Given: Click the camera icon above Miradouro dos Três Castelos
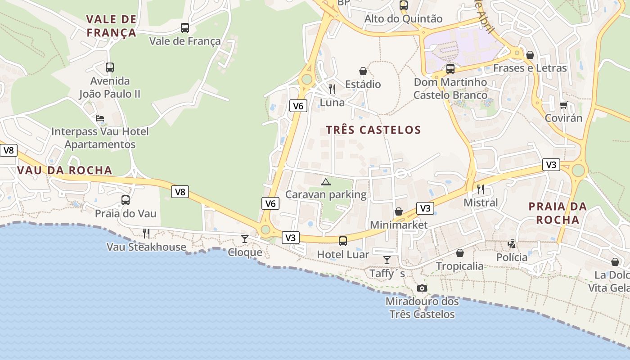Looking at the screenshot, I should click(x=422, y=288).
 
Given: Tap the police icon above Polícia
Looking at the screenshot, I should click(x=512, y=244).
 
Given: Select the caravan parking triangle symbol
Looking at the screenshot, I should click(x=325, y=182).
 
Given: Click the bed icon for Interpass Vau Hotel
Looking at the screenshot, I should click(x=100, y=118).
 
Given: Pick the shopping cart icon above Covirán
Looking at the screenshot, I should click(x=563, y=105).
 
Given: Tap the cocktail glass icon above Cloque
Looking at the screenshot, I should click(x=244, y=238).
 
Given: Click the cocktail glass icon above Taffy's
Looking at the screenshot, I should click(x=387, y=260).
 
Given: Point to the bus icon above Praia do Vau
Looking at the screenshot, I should click(x=126, y=200).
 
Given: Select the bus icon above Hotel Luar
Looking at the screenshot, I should click(x=343, y=241).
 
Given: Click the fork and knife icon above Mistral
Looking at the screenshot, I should click(x=481, y=189).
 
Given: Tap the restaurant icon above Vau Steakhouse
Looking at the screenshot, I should click(x=146, y=233).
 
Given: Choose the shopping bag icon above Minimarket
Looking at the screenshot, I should click(x=399, y=211).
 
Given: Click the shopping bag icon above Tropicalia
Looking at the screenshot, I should click(x=460, y=253).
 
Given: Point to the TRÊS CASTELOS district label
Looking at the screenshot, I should click(x=373, y=130).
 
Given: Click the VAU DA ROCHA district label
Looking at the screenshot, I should click(x=65, y=170).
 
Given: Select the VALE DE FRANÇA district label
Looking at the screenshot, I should click(x=111, y=26).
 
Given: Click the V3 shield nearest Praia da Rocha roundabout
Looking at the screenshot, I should click(x=551, y=165).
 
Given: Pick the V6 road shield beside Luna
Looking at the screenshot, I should click(x=298, y=106).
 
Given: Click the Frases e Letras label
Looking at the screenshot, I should click(x=530, y=68).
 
